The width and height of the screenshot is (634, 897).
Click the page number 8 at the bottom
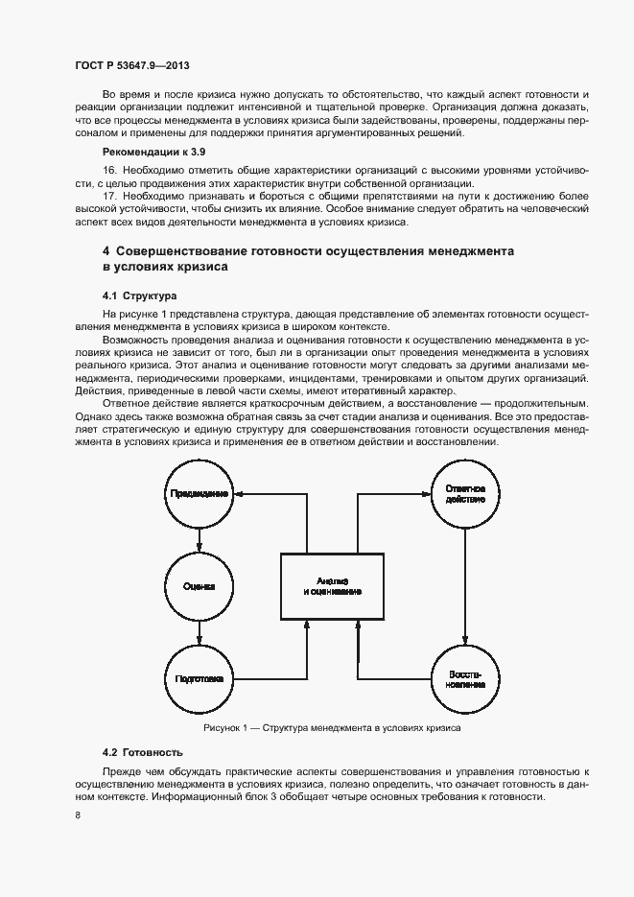coord(78,815)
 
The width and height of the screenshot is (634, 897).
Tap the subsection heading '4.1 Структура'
coord(139,295)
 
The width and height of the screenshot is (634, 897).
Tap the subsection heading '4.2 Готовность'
coord(141,751)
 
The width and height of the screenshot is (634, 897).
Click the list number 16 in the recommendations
coord(108,169)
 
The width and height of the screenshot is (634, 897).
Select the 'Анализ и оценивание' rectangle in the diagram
coord(332,586)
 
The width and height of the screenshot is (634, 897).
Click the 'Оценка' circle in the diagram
coord(199,586)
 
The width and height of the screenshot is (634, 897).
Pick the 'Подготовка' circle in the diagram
coord(199,678)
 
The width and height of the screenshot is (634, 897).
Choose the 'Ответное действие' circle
coord(464,494)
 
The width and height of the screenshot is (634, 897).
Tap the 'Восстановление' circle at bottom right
coord(464,678)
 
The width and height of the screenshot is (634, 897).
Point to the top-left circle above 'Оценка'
coord(199,494)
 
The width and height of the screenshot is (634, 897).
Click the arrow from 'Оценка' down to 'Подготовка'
coord(199,632)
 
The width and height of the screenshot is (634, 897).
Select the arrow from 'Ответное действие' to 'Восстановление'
coord(464,585)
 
